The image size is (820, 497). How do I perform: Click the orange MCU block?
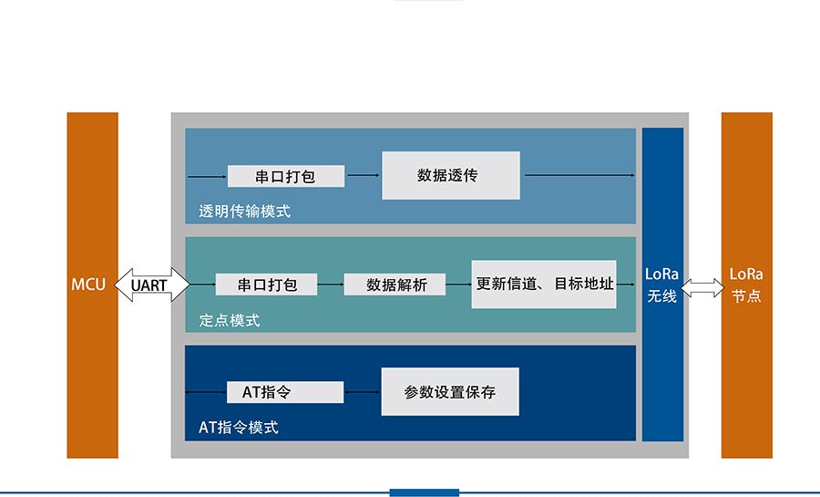click(x=92, y=285)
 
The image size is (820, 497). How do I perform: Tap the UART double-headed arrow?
click(x=151, y=285)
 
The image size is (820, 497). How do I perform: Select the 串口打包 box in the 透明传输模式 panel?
click(x=285, y=176)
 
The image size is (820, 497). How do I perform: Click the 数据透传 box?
click(x=450, y=175)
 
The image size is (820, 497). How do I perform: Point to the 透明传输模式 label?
click(x=244, y=212)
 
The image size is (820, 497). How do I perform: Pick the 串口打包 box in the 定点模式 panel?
click(x=267, y=285)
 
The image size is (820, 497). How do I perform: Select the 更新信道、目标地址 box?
click(x=544, y=283)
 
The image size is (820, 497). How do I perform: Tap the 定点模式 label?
click(x=230, y=320)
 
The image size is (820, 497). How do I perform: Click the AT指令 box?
click(x=284, y=392)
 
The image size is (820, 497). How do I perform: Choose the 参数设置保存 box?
click(x=449, y=392)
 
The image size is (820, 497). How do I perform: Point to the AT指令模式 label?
click(x=239, y=427)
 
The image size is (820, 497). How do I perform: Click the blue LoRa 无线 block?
click(x=662, y=285)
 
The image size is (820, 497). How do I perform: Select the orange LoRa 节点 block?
click(x=746, y=285)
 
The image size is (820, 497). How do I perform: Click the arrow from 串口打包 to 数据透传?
click(x=363, y=175)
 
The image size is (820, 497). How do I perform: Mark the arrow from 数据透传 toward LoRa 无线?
click(x=579, y=174)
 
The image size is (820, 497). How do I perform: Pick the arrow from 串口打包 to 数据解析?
click(x=331, y=285)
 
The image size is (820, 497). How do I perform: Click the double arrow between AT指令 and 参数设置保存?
click(x=362, y=392)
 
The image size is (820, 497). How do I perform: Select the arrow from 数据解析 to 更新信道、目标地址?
click(x=460, y=285)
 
